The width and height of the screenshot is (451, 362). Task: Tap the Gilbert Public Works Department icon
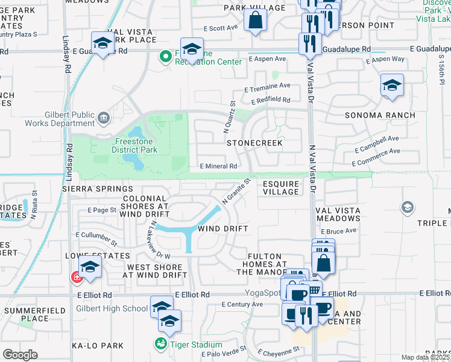(104, 116)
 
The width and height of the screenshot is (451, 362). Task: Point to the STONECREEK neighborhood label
(254, 144)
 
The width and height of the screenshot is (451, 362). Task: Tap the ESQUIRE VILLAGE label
(281, 188)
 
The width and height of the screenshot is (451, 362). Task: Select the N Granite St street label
(236, 190)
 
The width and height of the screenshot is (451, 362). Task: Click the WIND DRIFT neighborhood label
(223, 229)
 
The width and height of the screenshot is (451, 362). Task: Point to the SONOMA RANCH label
(380, 115)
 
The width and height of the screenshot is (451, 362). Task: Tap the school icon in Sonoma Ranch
(392, 85)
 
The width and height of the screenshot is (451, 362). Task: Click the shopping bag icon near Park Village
(256, 19)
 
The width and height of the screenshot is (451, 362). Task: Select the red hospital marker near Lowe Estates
(77, 277)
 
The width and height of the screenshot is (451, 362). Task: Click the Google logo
(20, 354)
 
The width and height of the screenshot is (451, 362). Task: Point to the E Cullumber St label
(96, 238)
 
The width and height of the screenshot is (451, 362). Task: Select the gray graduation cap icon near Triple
(408, 208)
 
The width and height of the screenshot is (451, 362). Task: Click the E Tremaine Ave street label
(267, 87)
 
